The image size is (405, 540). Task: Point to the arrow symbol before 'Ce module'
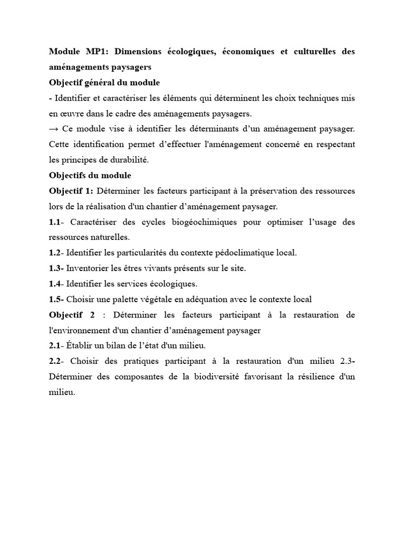coord(53,129)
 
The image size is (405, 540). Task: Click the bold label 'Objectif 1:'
coord(71,191)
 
